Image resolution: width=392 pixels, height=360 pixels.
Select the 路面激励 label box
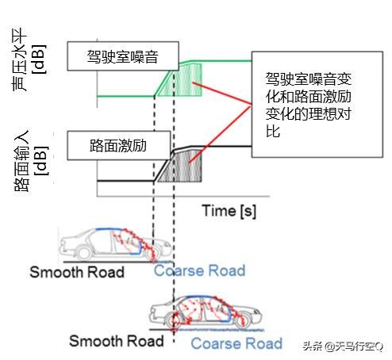pos(119,145)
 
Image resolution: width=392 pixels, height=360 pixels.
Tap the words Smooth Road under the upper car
pos(77,272)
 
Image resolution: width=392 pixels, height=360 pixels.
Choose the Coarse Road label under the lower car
pos(236,343)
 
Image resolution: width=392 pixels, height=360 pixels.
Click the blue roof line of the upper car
pos(111,229)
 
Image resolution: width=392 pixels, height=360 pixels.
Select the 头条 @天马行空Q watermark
pos(342,344)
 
